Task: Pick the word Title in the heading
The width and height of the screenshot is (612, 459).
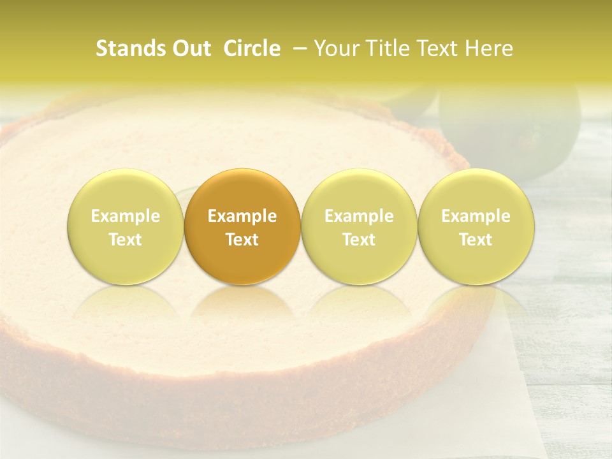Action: tap(381, 49)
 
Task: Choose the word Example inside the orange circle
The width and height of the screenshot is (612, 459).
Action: tap(242, 216)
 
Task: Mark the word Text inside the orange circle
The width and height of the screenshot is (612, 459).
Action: tap(242, 240)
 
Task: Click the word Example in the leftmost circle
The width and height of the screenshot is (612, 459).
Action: tap(126, 216)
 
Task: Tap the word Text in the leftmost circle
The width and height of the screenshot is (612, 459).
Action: tap(126, 240)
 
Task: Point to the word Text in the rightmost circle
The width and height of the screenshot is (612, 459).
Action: tap(476, 240)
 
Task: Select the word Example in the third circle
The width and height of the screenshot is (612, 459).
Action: tap(359, 216)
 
